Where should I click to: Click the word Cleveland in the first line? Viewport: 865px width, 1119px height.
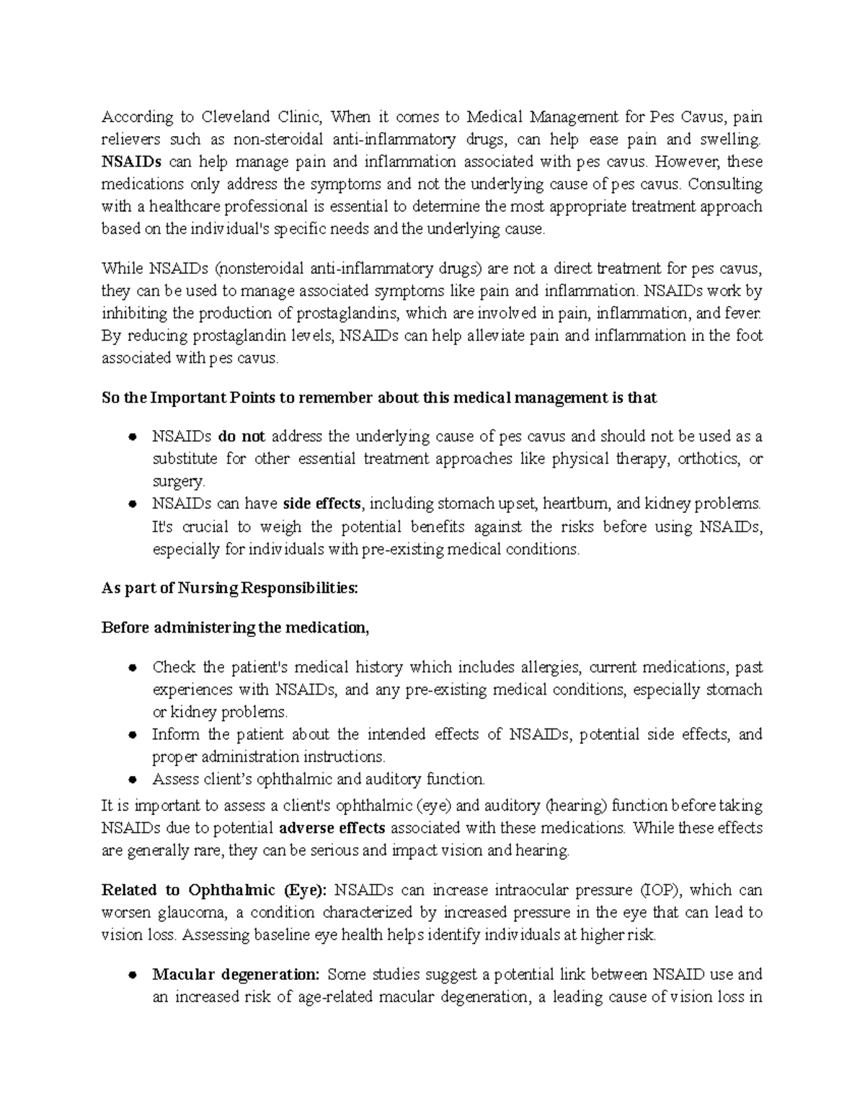(235, 117)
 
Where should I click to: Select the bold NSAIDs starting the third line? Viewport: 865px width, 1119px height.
(127, 161)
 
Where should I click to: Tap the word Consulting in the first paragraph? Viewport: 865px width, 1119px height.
(725, 184)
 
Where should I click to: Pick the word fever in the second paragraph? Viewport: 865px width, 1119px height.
(742, 313)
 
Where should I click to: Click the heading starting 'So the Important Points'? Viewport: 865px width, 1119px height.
(379, 398)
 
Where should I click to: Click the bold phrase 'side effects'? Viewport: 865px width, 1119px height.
(324, 504)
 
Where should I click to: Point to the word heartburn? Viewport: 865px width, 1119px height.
(576, 504)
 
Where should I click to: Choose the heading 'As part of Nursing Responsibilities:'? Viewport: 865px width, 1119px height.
(229, 589)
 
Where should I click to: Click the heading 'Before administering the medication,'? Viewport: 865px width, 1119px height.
(235, 628)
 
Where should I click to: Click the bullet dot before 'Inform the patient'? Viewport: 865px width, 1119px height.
(133, 735)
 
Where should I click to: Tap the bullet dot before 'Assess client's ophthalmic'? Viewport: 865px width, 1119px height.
(133, 780)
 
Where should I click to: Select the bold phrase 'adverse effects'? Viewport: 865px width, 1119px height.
(332, 828)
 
